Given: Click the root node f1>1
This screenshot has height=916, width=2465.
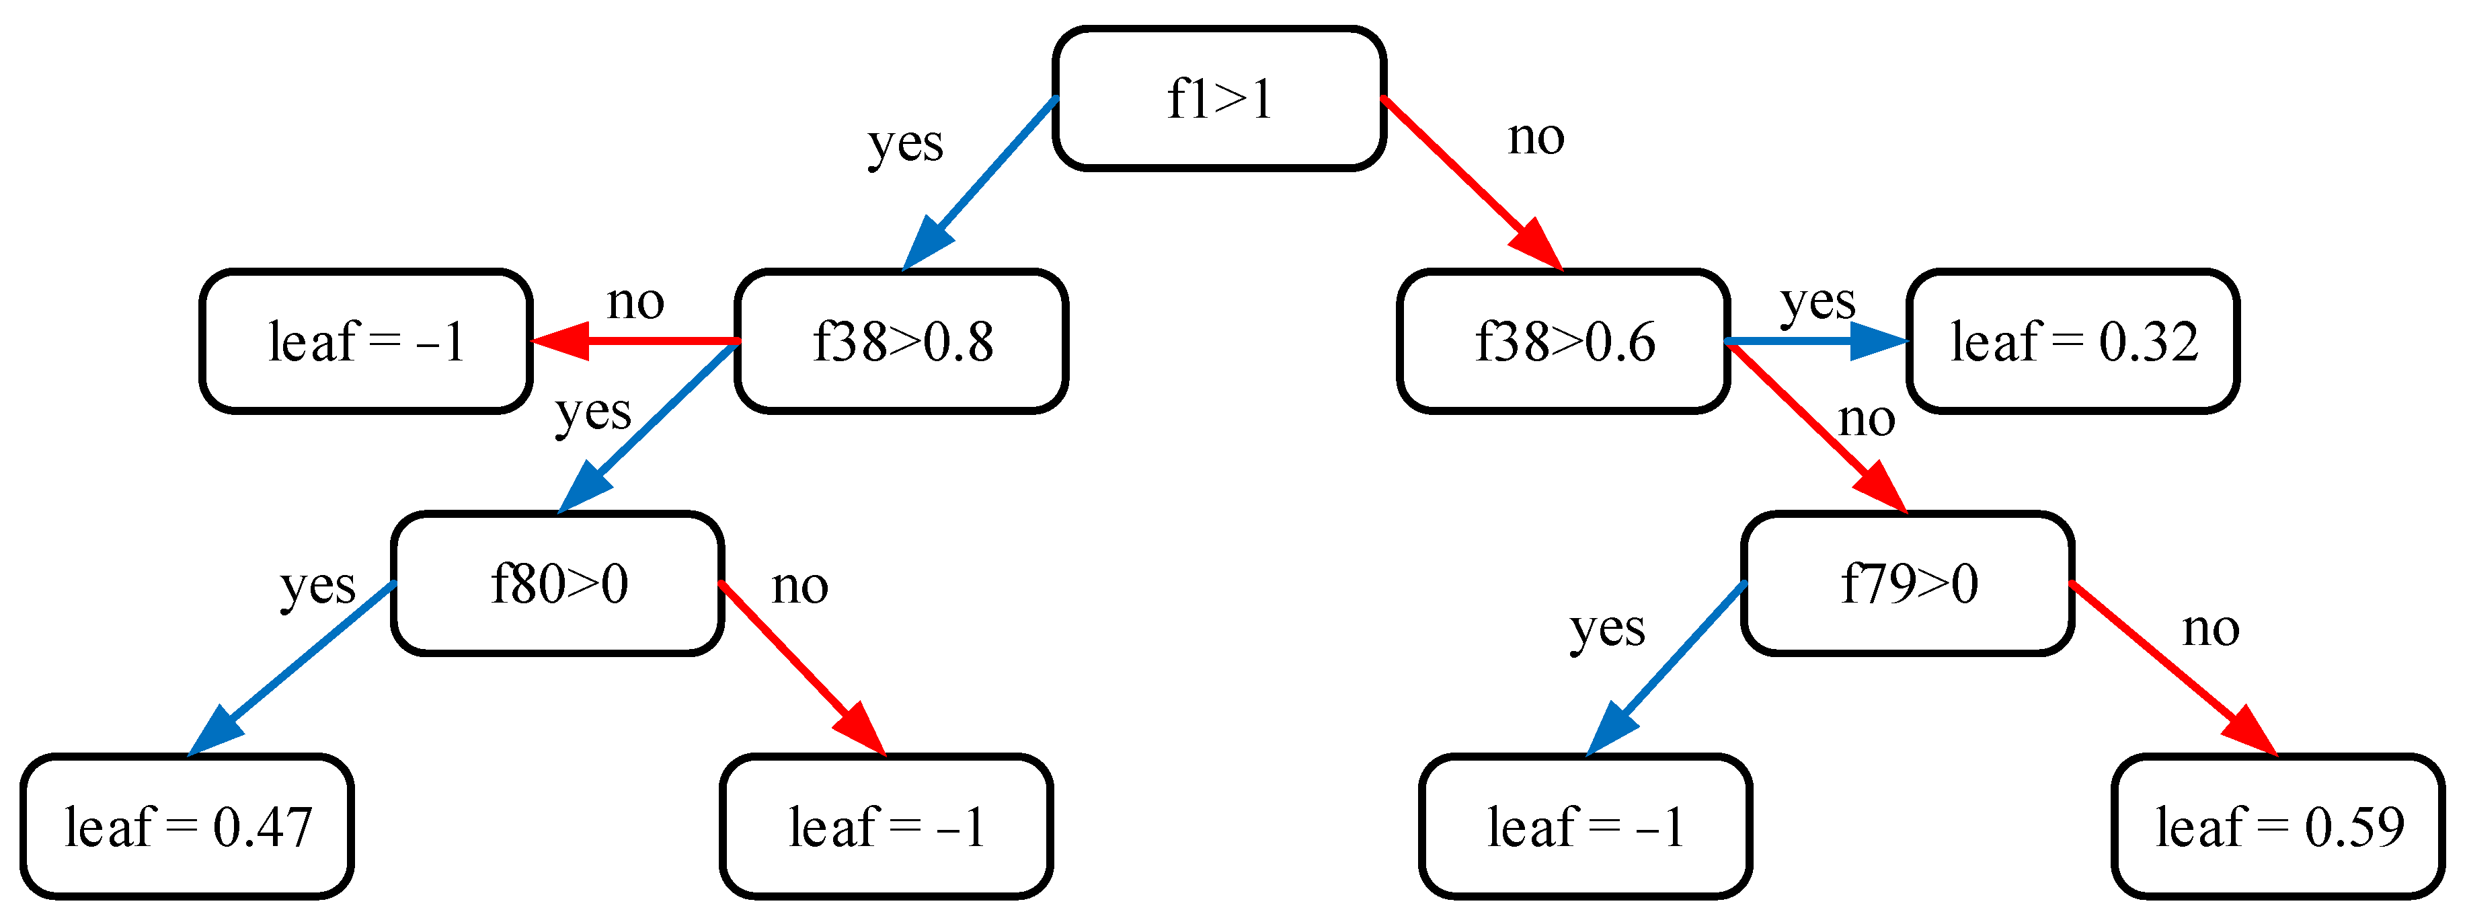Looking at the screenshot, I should click(x=1219, y=99).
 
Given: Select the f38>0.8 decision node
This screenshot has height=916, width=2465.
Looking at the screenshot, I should click(x=902, y=341).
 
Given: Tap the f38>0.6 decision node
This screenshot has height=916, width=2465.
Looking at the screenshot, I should click(x=1563, y=341).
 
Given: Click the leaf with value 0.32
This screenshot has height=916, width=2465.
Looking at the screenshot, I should click(x=2073, y=341).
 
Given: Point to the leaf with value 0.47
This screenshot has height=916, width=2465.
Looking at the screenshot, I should click(x=188, y=826).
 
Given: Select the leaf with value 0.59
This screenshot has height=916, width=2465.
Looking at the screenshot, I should click(x=2278, y=826).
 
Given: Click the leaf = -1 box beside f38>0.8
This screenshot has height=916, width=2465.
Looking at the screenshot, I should click(x=366, y=341).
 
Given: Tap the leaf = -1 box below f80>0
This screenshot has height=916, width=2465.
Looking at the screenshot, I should click(x=886, y=826).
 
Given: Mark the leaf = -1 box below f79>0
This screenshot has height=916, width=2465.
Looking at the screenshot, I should click(x=1586, y=826).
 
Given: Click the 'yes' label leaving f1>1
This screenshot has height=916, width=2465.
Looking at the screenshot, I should click(x=905, y=143).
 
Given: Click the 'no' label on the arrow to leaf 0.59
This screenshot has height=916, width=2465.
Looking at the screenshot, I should click(x=2210, y=629).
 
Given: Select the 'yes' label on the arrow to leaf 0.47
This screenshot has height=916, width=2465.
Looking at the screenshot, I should click(x=317, y=585).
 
